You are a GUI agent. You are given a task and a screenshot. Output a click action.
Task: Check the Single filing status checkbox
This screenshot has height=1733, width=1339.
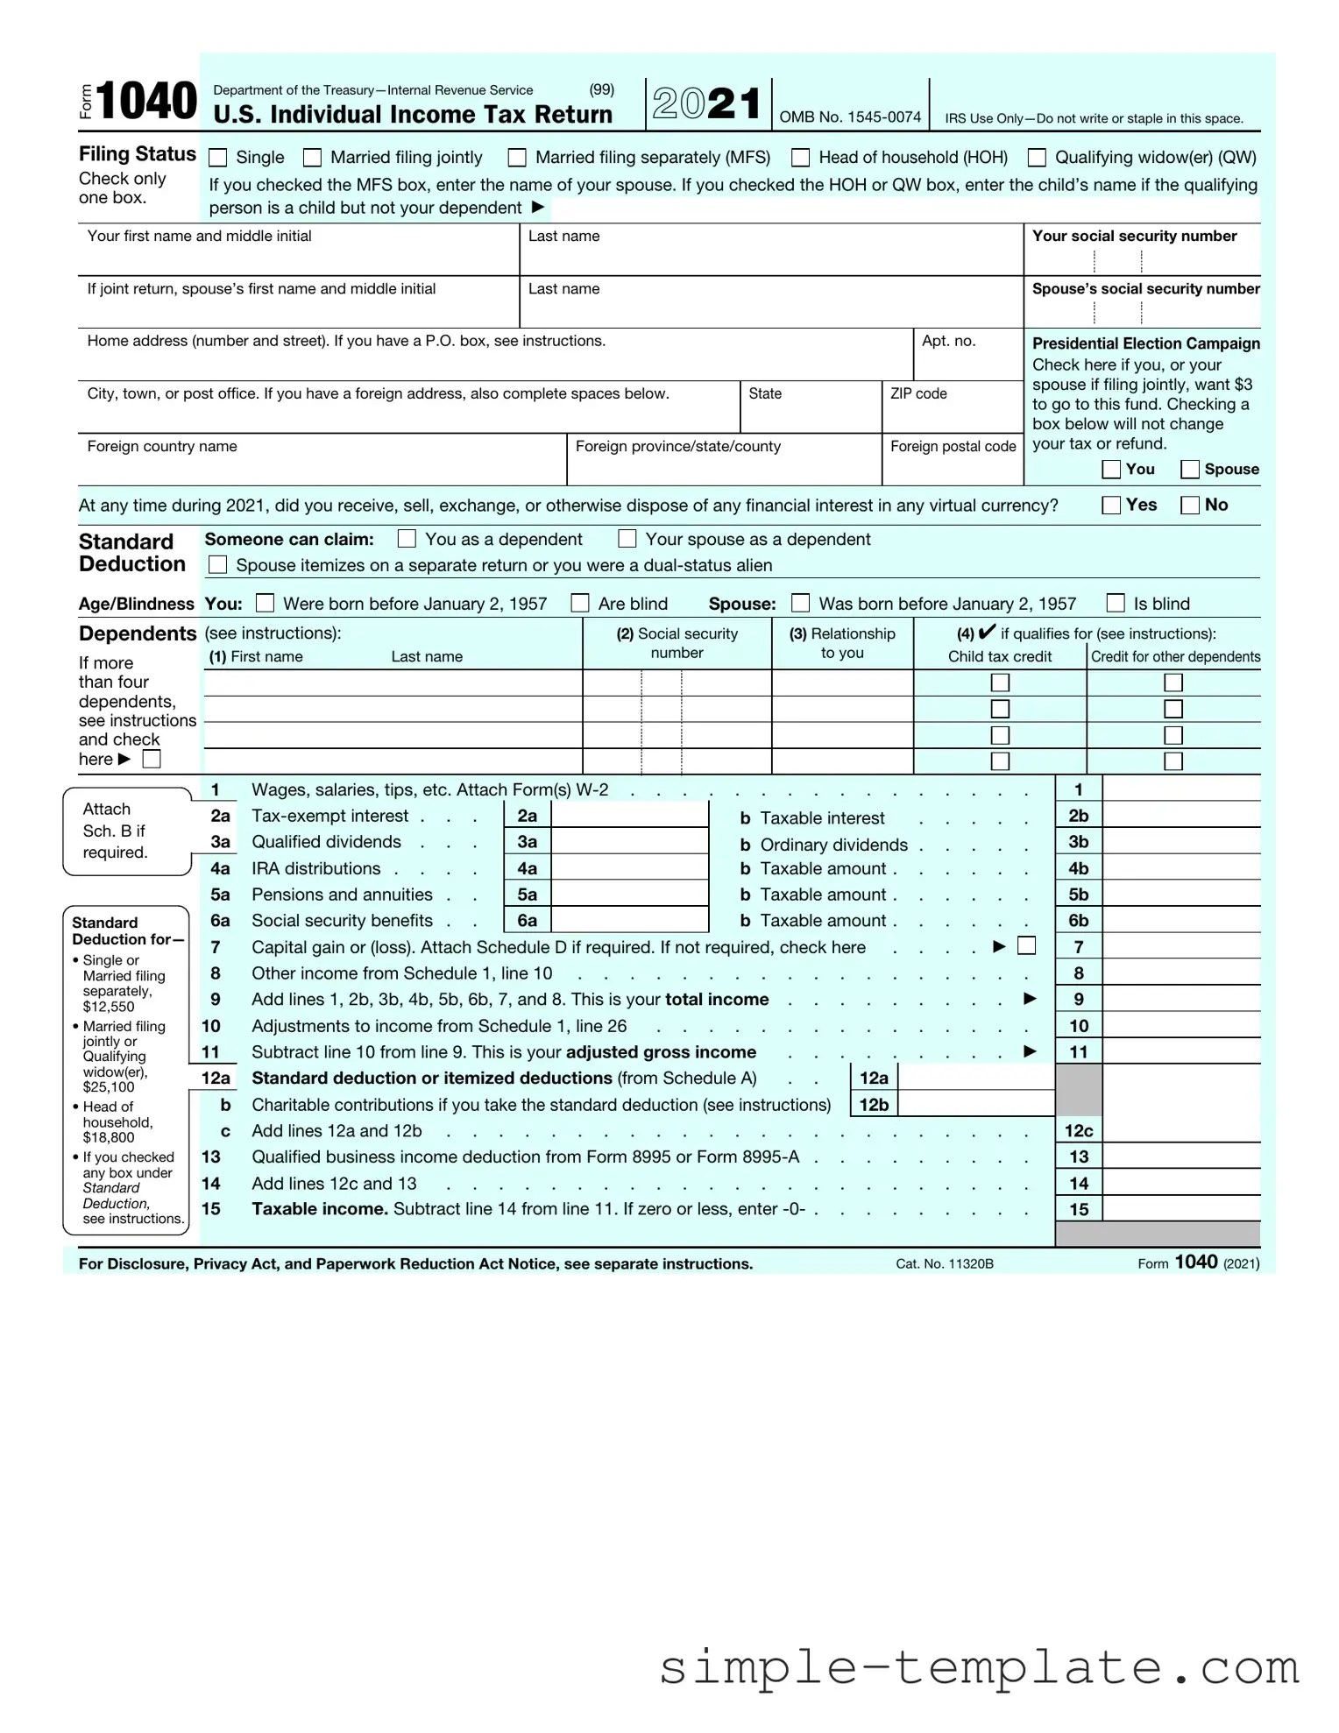218,158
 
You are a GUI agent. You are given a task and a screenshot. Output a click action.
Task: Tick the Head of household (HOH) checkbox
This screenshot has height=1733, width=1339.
800,158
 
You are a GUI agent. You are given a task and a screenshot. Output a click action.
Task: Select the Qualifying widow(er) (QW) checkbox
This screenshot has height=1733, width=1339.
1037,158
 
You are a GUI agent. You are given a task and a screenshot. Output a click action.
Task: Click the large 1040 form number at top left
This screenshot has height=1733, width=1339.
146,101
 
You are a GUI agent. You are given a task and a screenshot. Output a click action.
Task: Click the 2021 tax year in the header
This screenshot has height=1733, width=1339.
707,103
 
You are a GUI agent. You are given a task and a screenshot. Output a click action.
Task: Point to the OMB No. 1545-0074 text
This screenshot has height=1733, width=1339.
850,117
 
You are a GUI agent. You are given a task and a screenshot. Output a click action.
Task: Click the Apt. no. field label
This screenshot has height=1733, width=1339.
948,341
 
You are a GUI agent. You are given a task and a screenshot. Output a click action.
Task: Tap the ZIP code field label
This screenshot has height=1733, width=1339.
918,393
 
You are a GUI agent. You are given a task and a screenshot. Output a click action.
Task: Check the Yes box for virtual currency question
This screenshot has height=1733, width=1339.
1111,505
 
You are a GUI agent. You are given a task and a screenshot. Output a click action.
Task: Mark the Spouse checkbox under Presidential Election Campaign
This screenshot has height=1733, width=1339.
1190,470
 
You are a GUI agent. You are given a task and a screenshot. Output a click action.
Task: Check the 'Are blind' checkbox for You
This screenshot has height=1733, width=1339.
580,603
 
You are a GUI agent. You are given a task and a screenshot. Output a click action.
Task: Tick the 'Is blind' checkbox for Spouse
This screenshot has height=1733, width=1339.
1116,603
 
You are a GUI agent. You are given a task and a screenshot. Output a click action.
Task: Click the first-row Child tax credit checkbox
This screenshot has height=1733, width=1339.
1000,683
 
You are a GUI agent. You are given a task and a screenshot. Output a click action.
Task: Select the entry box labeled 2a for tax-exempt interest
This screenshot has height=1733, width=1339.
629,816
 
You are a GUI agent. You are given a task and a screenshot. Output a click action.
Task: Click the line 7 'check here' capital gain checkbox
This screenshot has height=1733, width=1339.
1026,946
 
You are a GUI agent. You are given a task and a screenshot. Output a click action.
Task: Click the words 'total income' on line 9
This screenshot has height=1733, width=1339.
717,1000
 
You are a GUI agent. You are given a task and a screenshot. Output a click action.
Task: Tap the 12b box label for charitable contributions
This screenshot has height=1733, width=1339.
874,1104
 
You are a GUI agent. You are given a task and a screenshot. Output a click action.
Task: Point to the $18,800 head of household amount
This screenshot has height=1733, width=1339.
109,1137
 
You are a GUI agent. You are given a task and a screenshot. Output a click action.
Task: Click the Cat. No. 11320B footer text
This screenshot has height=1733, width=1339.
945,1263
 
